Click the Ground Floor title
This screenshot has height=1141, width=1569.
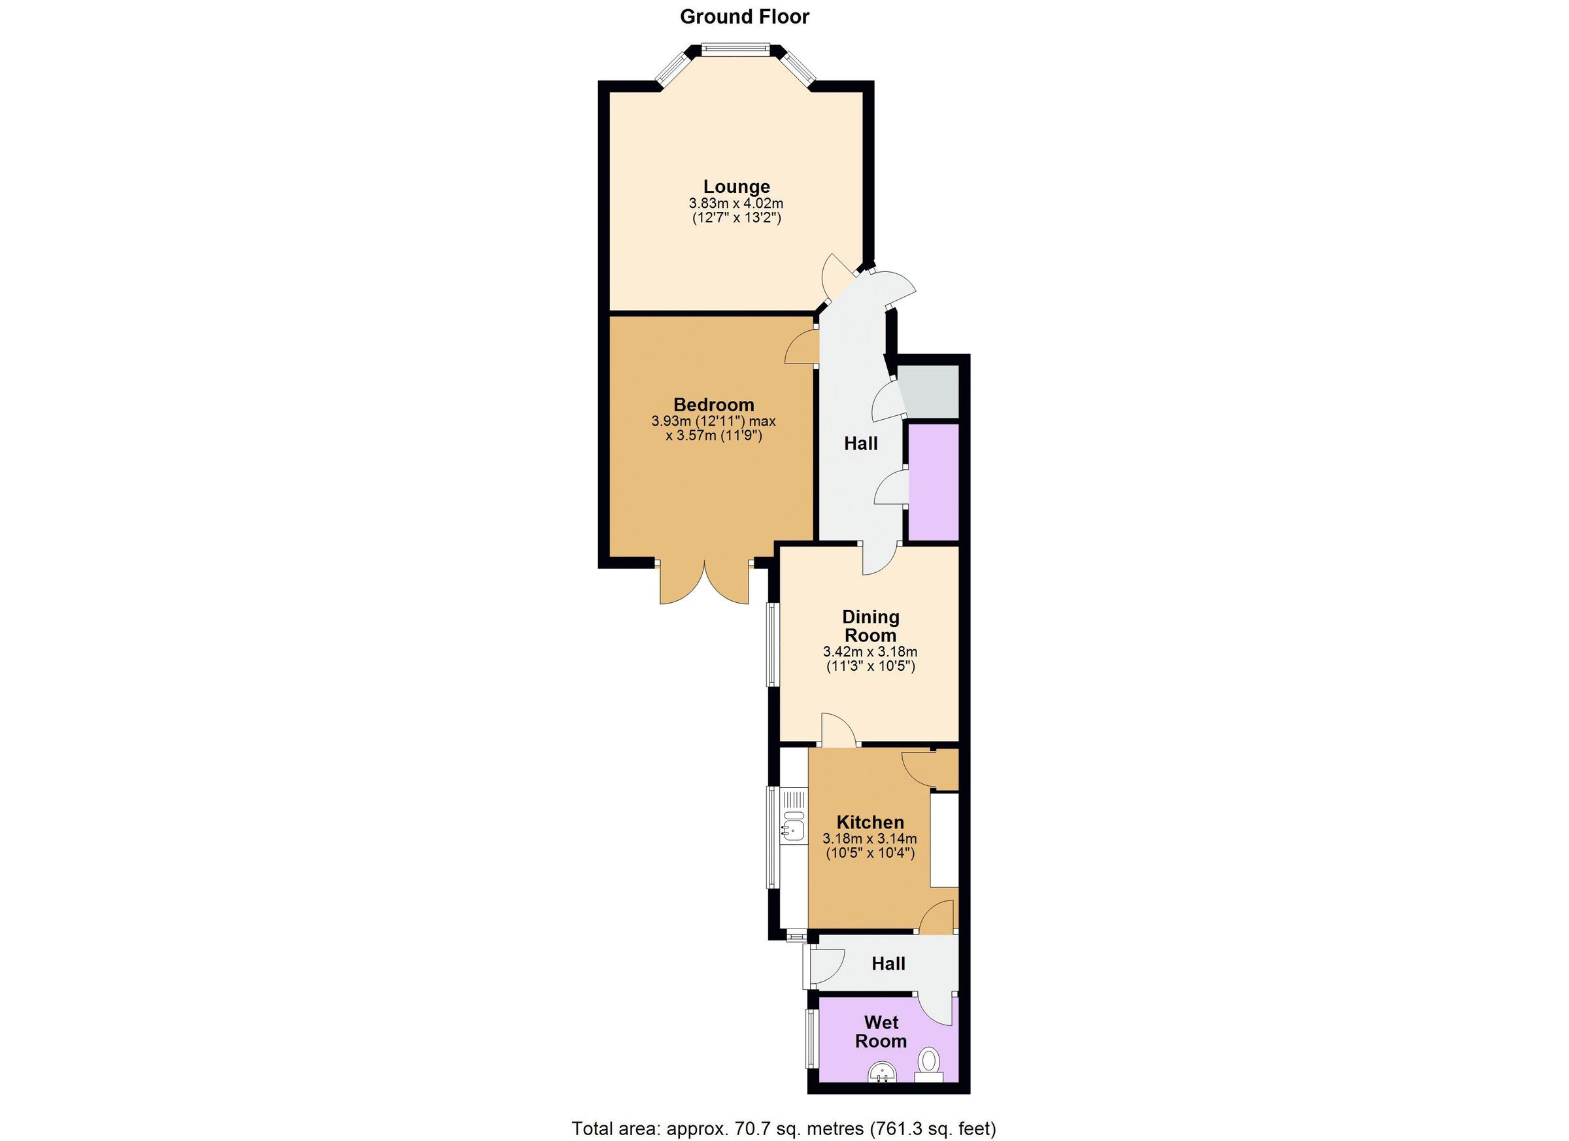[x=745, y=16]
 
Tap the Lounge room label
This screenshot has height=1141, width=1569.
[x=736, y=186]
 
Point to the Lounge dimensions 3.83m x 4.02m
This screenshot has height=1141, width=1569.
[x=736, y=204]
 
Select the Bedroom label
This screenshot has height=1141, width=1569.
[x=714, y=404]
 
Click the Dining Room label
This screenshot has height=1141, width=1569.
[x=870, y=626]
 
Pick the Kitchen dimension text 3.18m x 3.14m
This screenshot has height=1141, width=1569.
[x=869, y=839]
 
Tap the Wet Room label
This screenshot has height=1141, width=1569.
[x=881, y=1032]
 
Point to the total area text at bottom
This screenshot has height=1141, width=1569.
[x=784, y=1129]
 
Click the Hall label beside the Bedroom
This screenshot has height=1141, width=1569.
[x=860, y=443]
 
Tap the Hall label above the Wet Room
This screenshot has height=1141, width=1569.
[x=888, y=963]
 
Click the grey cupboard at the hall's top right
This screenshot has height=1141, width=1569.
[x=930, y=392]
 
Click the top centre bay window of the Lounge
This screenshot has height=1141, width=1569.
[x=735, y=49]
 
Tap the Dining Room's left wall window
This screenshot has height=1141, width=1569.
[x=771, y=644]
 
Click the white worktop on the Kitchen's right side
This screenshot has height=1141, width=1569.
[x=943, y=840]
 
